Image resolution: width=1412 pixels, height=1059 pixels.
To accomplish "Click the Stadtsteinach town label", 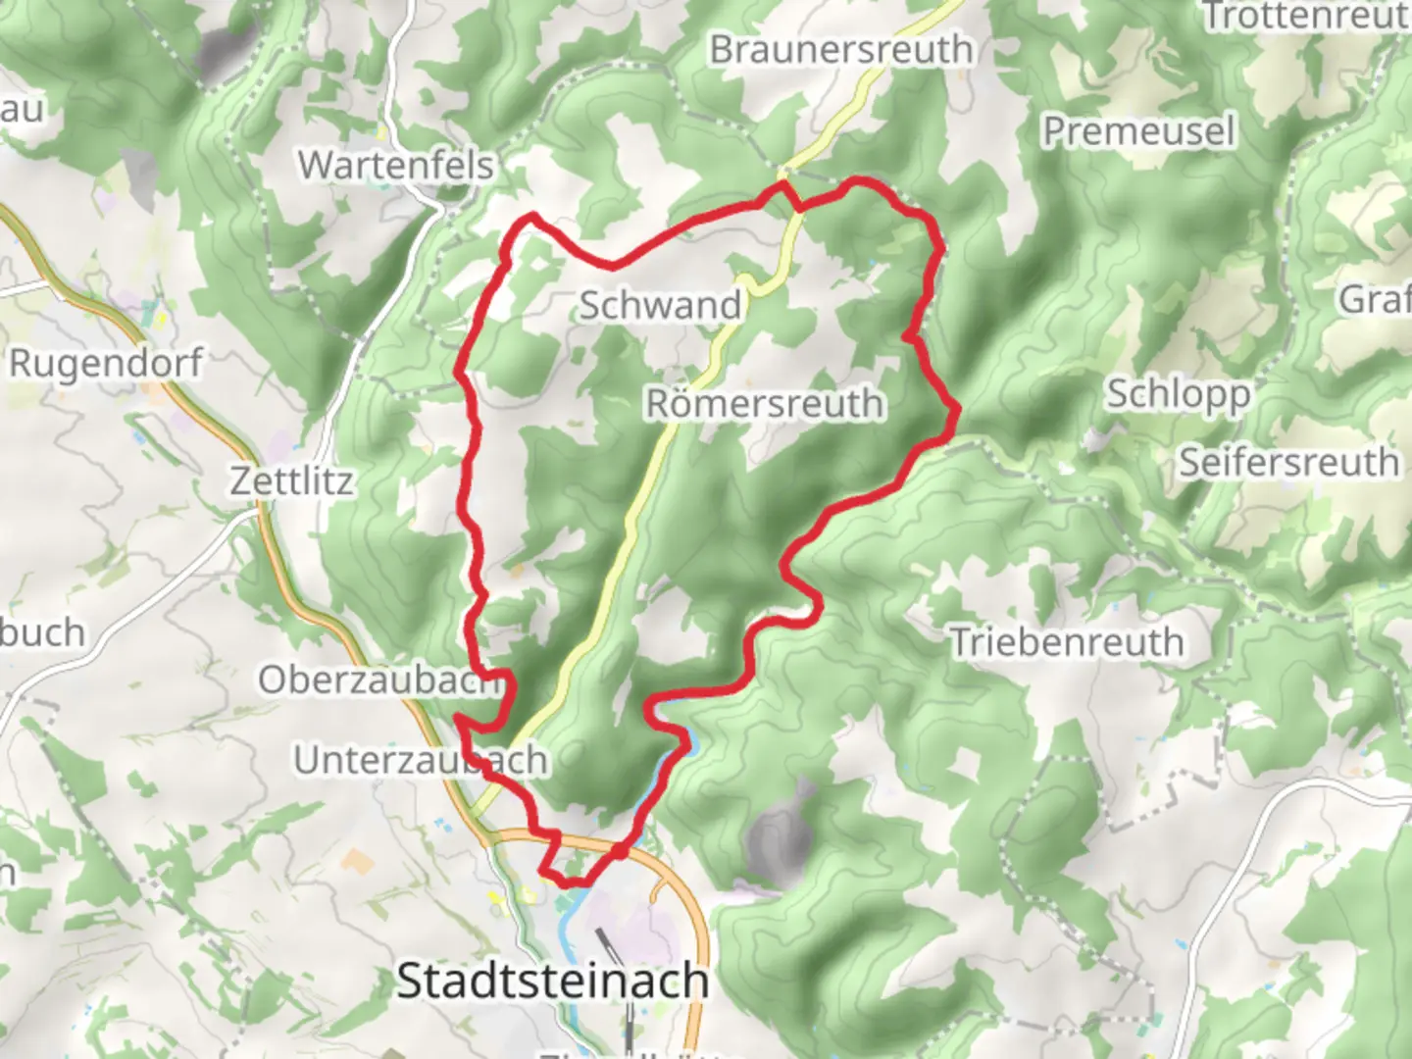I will point(552,981).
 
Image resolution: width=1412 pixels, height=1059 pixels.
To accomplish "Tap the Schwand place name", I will point(660,305).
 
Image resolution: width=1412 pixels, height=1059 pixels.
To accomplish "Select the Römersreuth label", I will point(764,403).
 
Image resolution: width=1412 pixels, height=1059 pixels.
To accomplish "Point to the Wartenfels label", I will point(396,165).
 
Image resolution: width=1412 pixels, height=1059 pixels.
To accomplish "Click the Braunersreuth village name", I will point(841,49).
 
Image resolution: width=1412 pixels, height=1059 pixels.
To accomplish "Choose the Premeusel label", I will point(1137,131).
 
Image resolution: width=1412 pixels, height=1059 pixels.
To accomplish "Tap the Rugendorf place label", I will point(105,363).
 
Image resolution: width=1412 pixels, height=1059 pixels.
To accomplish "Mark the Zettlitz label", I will point(291,481).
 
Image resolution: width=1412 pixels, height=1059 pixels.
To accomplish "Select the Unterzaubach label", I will point(420,760).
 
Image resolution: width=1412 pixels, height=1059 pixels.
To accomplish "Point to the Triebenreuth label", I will point(1068,642).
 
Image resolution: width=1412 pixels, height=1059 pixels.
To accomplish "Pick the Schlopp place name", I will point(1178,394).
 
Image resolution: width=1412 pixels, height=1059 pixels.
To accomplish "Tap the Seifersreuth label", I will point(1288,462).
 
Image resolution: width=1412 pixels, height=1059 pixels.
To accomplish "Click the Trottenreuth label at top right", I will point(1304,16).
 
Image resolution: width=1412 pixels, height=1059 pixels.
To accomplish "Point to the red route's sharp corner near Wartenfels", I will point(532,215).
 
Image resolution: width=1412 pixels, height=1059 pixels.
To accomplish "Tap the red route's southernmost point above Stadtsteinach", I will point(569,882).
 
